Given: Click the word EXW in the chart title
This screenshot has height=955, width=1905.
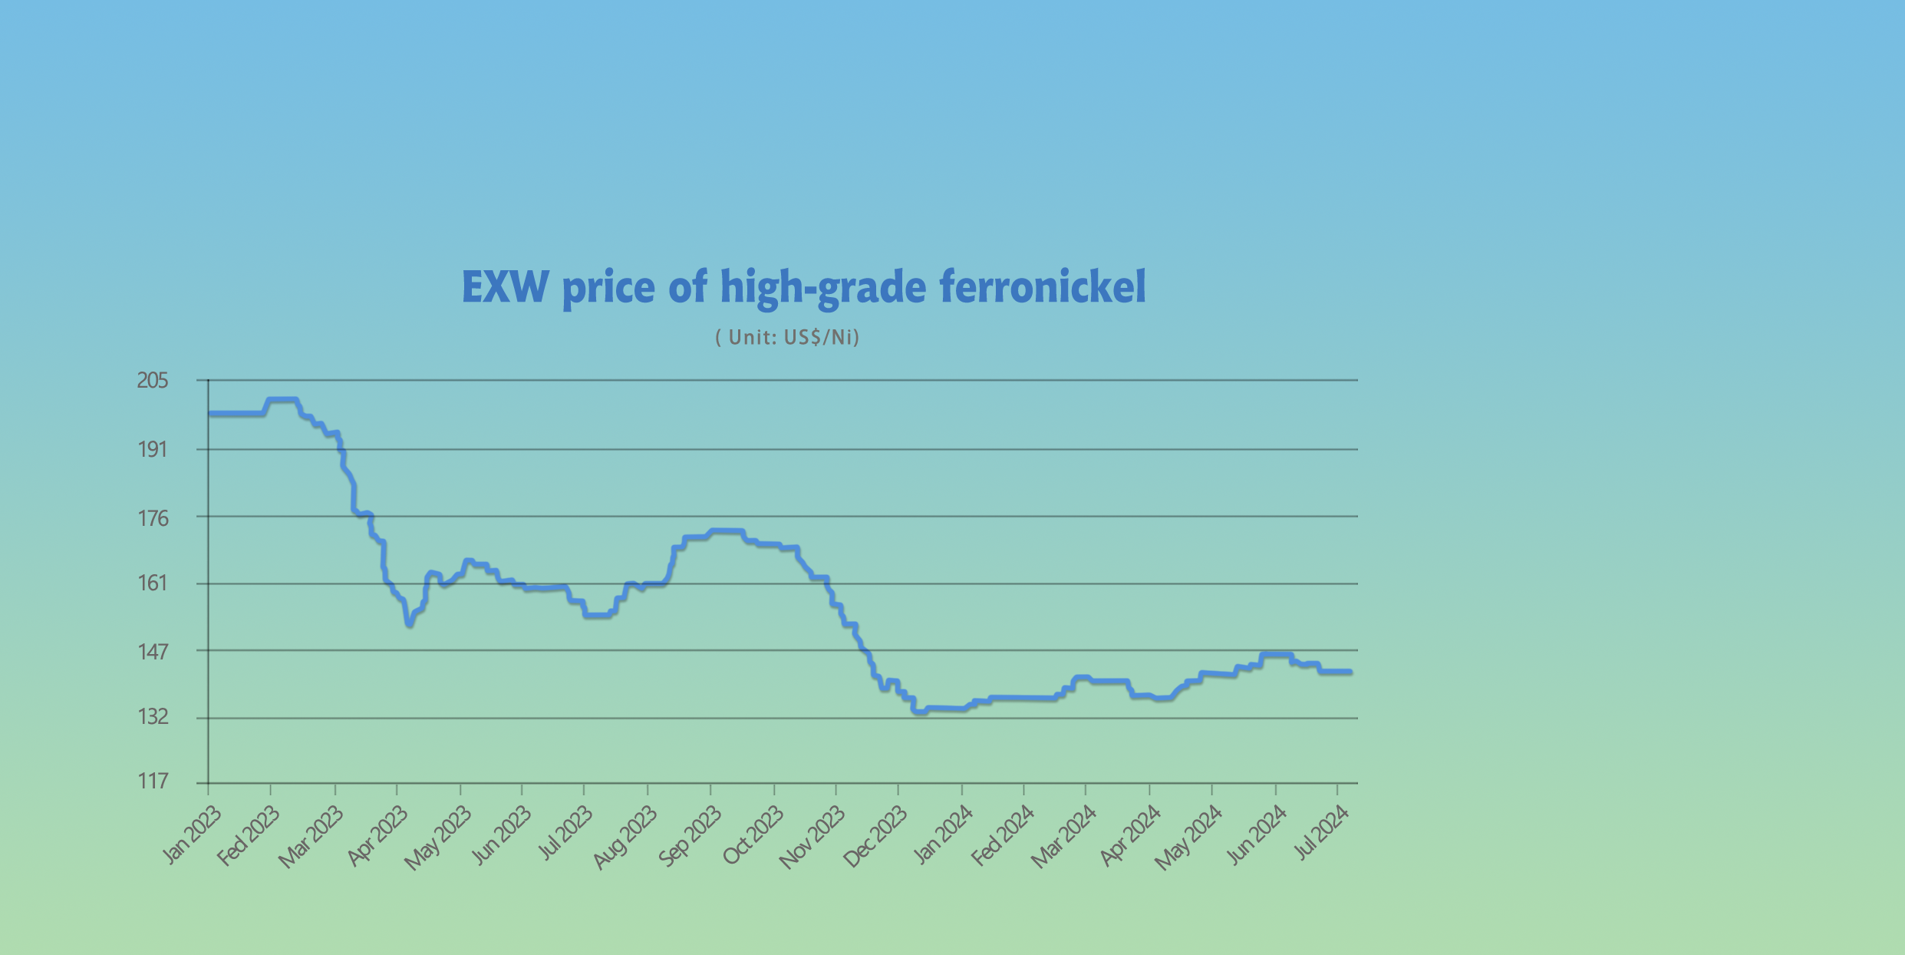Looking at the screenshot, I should pos(506,288).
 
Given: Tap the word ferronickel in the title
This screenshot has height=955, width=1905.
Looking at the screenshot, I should pos(1043,288).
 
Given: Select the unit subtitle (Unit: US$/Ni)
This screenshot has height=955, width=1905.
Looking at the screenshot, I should pos(787,337).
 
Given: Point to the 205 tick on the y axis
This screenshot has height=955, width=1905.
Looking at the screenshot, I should pos(152,380).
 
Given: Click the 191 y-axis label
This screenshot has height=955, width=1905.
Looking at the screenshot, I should pos(152,449).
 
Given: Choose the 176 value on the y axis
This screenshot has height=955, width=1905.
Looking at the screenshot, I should pos(152,518).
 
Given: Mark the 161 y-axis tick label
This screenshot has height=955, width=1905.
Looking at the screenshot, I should pos(152,583).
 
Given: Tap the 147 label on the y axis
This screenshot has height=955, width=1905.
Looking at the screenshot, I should pos(152,652).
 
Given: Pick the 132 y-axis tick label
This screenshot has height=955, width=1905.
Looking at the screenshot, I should pos(152,717).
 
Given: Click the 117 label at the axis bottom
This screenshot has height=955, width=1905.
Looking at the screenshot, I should pos(152,782).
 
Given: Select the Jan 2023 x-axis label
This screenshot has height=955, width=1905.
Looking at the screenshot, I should pos(192,834).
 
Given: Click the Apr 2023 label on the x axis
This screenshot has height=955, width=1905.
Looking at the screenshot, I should pos(377,836).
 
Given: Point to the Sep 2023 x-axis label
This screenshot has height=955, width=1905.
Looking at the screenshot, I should pos(690,836).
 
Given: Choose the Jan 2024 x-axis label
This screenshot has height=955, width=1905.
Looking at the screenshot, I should pos(943,834).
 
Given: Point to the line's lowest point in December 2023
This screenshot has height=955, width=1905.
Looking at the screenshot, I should pos(919,712).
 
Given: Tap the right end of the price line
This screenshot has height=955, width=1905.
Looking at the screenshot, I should pos(1350,672).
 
